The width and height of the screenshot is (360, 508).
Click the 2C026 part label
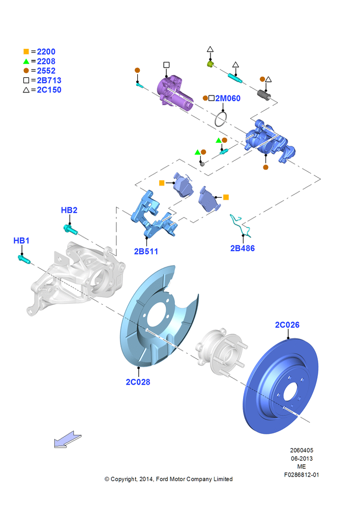[287, 325]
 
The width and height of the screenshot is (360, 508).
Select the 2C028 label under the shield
[138, 382]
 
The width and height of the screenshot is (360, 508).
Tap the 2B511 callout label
[146, 251]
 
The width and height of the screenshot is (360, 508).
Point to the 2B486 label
[242, 248]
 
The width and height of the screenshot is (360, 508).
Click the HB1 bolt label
[21, 240]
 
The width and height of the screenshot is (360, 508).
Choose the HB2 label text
[69, 210]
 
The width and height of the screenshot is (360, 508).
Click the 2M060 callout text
[228, 98]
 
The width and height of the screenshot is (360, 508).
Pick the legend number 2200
[46, 51]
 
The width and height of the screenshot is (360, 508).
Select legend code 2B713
[49, 80]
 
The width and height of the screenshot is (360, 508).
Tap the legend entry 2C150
[49, 90]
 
